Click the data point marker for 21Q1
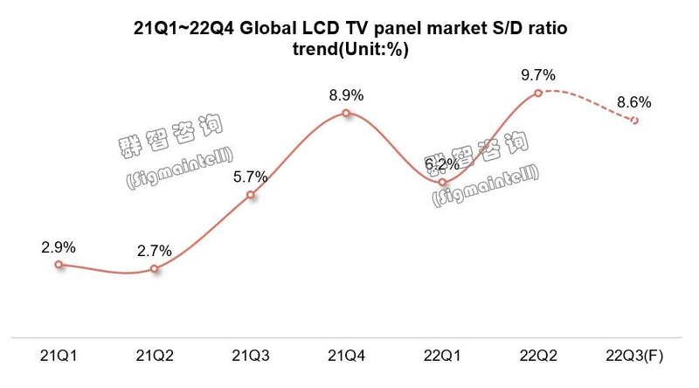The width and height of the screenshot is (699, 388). pyautogui.click(x=59, y=264)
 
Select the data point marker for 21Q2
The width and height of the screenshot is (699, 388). pyautogui.click(x=155, y=269)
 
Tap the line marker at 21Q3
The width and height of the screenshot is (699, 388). pyautogui.click(x=251, y=195)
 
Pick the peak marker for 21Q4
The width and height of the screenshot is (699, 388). pyautogui.click(x=347, y=113)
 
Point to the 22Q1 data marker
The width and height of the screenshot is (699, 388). pyautogui.click(x=443, y=182)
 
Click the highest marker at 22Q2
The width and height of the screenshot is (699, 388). pyautogui.click(x=538, y=92)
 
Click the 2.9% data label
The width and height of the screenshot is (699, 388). pyautogui.click(x=59, y=246)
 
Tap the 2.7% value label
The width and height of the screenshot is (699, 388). pyautogui.click(x=155, y=252)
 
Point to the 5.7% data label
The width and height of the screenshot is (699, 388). pyautogui.click(x=251, y=177)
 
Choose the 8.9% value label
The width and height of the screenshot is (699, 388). pyautogui.click(x=347, y=94)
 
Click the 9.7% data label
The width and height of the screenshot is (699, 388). pyautogui.click(x=538, y=75)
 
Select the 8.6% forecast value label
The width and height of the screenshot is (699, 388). pyautogui.click(x=634, y=102)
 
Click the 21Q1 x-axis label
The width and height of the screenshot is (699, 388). pyautogui.click(x=59, y=357)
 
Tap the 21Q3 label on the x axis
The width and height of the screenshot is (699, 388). pyautogui.click(x=251, y=357)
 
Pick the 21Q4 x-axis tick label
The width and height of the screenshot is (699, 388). pyautogui.click(x=347, y=357)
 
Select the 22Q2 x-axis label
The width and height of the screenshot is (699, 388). pyautogui.click(x=538, y=357)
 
